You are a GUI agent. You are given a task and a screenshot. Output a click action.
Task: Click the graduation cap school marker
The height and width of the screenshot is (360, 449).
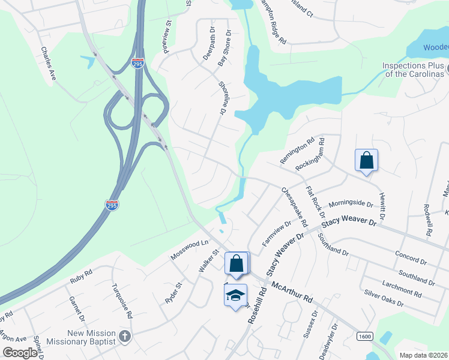click(x=236, y=295)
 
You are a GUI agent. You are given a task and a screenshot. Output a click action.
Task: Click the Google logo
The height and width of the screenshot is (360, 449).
click(x=20, y=353)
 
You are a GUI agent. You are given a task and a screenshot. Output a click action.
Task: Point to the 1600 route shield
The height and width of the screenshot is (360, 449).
click(x=364, y=336)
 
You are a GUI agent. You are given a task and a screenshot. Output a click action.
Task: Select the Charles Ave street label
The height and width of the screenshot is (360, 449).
click(x=48, y=64)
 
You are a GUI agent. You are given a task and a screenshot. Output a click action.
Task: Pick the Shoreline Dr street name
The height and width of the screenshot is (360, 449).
click(x=221, y=98)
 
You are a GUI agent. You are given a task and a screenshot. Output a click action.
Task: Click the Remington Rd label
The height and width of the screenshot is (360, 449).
click(x=297, y=151)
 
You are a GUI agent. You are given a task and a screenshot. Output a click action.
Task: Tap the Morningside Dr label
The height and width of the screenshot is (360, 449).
click(x=351, y=205)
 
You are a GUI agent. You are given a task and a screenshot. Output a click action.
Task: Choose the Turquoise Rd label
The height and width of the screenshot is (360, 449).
click(x=121, y=298)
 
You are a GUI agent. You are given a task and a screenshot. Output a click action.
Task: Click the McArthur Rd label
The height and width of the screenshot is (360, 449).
click(x=292, y=292)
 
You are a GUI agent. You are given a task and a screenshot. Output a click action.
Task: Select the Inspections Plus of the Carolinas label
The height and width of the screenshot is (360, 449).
click(x=414, y=70)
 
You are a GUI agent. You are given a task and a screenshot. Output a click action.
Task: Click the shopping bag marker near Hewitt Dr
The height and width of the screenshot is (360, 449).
click(x=366, y=160)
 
